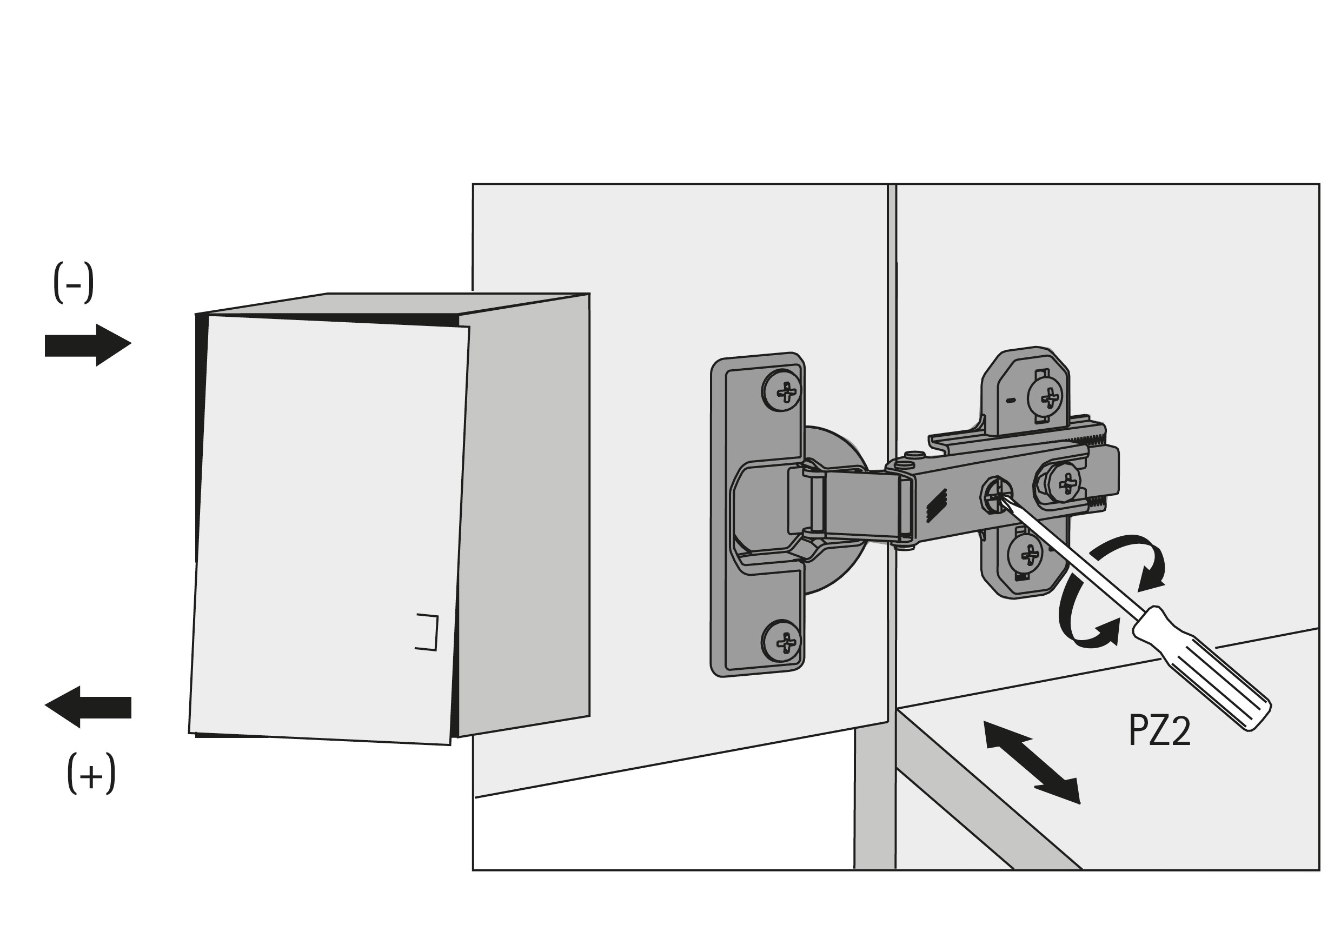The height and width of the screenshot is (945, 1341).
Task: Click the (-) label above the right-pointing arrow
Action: pos(73,283)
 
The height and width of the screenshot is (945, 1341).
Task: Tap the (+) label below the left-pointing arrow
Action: pos(91,774)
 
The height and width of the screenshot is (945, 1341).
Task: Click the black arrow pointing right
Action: pos(88,345)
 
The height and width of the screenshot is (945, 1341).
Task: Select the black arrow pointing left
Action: pos(88,707)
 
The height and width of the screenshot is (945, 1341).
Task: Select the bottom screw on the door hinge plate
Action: pos(781,641)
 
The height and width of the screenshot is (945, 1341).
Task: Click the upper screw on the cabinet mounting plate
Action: pos(1045,398)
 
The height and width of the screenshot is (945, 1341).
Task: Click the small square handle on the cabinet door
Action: pos(427,632)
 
